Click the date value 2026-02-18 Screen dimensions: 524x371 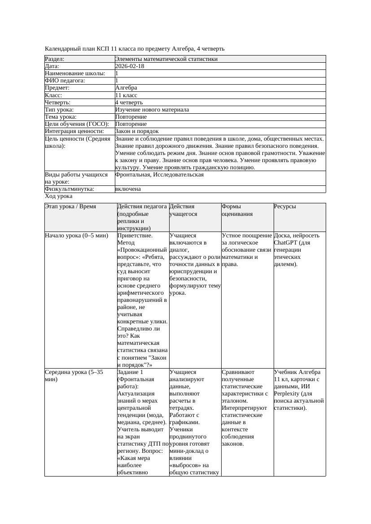click(x=130, y=66)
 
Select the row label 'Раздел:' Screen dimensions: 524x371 click(x=55, y=59)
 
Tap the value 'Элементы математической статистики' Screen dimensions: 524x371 click(x=166, y=59)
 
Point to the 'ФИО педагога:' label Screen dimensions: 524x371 click(x=65, y=81)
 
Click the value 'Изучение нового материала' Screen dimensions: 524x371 click(x=152, y=110)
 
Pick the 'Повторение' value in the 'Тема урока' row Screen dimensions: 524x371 click(x=131, y=117)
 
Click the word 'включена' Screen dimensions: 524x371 click(x=128, y=189)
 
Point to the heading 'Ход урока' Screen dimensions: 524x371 click(x=59, y=196)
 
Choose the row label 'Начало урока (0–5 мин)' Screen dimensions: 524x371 click(x=77, y=236)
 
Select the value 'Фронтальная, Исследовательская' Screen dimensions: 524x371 click(x=159, y=175)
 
